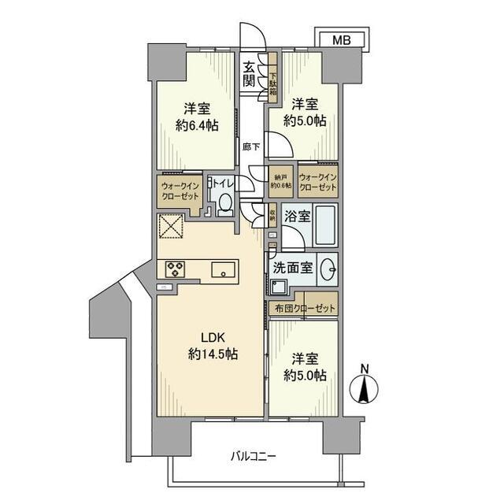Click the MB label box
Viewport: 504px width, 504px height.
340,39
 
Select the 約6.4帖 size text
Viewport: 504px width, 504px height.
197,125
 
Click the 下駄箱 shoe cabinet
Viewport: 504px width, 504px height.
273,78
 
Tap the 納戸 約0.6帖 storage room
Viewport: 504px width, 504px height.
281,180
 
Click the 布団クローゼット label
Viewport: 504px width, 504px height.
304,309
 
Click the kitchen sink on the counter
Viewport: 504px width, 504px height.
224,270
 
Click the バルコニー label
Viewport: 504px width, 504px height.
254,455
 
